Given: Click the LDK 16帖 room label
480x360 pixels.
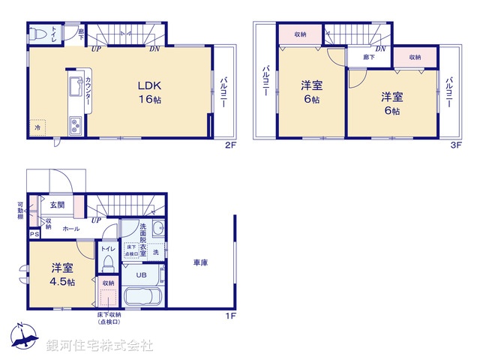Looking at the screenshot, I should [145, 91].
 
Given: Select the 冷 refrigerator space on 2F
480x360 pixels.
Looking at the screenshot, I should [37, 127].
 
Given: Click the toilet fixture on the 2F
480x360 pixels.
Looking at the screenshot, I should [40, 34].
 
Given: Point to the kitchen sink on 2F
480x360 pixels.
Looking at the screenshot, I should [74, 88].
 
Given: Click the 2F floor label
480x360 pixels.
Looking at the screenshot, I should [231, 145].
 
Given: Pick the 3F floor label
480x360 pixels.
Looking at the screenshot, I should [454, 145].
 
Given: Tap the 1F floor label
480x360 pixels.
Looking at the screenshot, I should [231, 315].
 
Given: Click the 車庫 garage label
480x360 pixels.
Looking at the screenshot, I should [200, 262].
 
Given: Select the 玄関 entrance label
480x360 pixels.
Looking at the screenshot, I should [58, 204].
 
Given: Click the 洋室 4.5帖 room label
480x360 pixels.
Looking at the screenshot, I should [62, 274].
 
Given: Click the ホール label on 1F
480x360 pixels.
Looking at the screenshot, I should [72, 228].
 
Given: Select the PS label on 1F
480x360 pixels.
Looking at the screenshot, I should [34, 234].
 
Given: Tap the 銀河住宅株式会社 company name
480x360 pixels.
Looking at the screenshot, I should [100, 346].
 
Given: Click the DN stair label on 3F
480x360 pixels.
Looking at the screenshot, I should [380, 49].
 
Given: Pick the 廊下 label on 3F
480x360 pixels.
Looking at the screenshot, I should [368, 56].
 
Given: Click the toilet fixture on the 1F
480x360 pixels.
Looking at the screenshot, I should [108, 264].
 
